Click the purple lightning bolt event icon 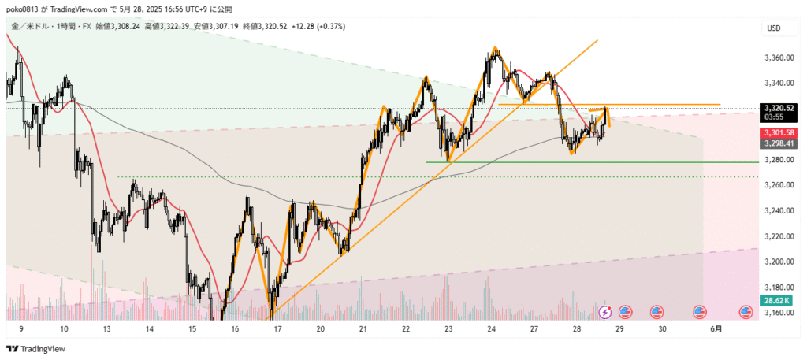click(605, 312)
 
